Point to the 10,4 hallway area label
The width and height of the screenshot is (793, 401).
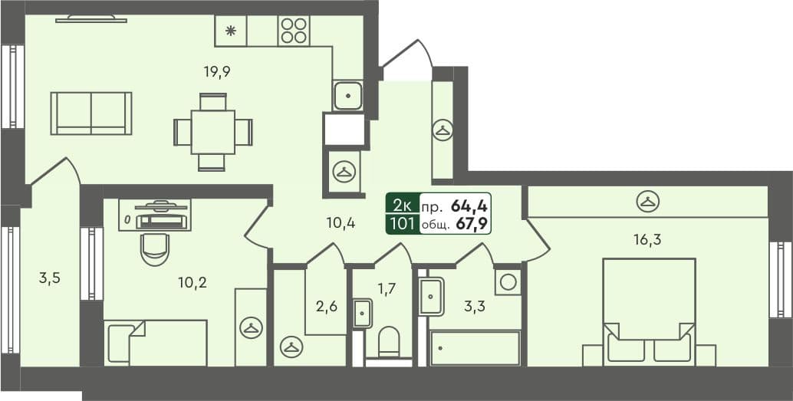pos(339,223)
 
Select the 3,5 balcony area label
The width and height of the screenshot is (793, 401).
pos(49,278)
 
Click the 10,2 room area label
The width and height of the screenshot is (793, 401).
pos(192,281)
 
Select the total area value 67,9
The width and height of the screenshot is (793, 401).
pos(472,224)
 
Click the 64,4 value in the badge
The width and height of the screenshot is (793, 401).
pos(470,205)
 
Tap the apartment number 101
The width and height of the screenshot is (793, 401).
pos(403,224)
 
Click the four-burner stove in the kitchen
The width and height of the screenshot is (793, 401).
pos(294,31)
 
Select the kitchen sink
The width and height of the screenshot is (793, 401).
pos(348,96)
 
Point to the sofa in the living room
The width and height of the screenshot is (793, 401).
pos(91,113)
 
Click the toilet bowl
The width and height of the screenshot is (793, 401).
pos(390,342)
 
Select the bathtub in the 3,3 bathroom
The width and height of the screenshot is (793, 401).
pos(475,348)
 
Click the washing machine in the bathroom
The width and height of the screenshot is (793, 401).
pos(508,282)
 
